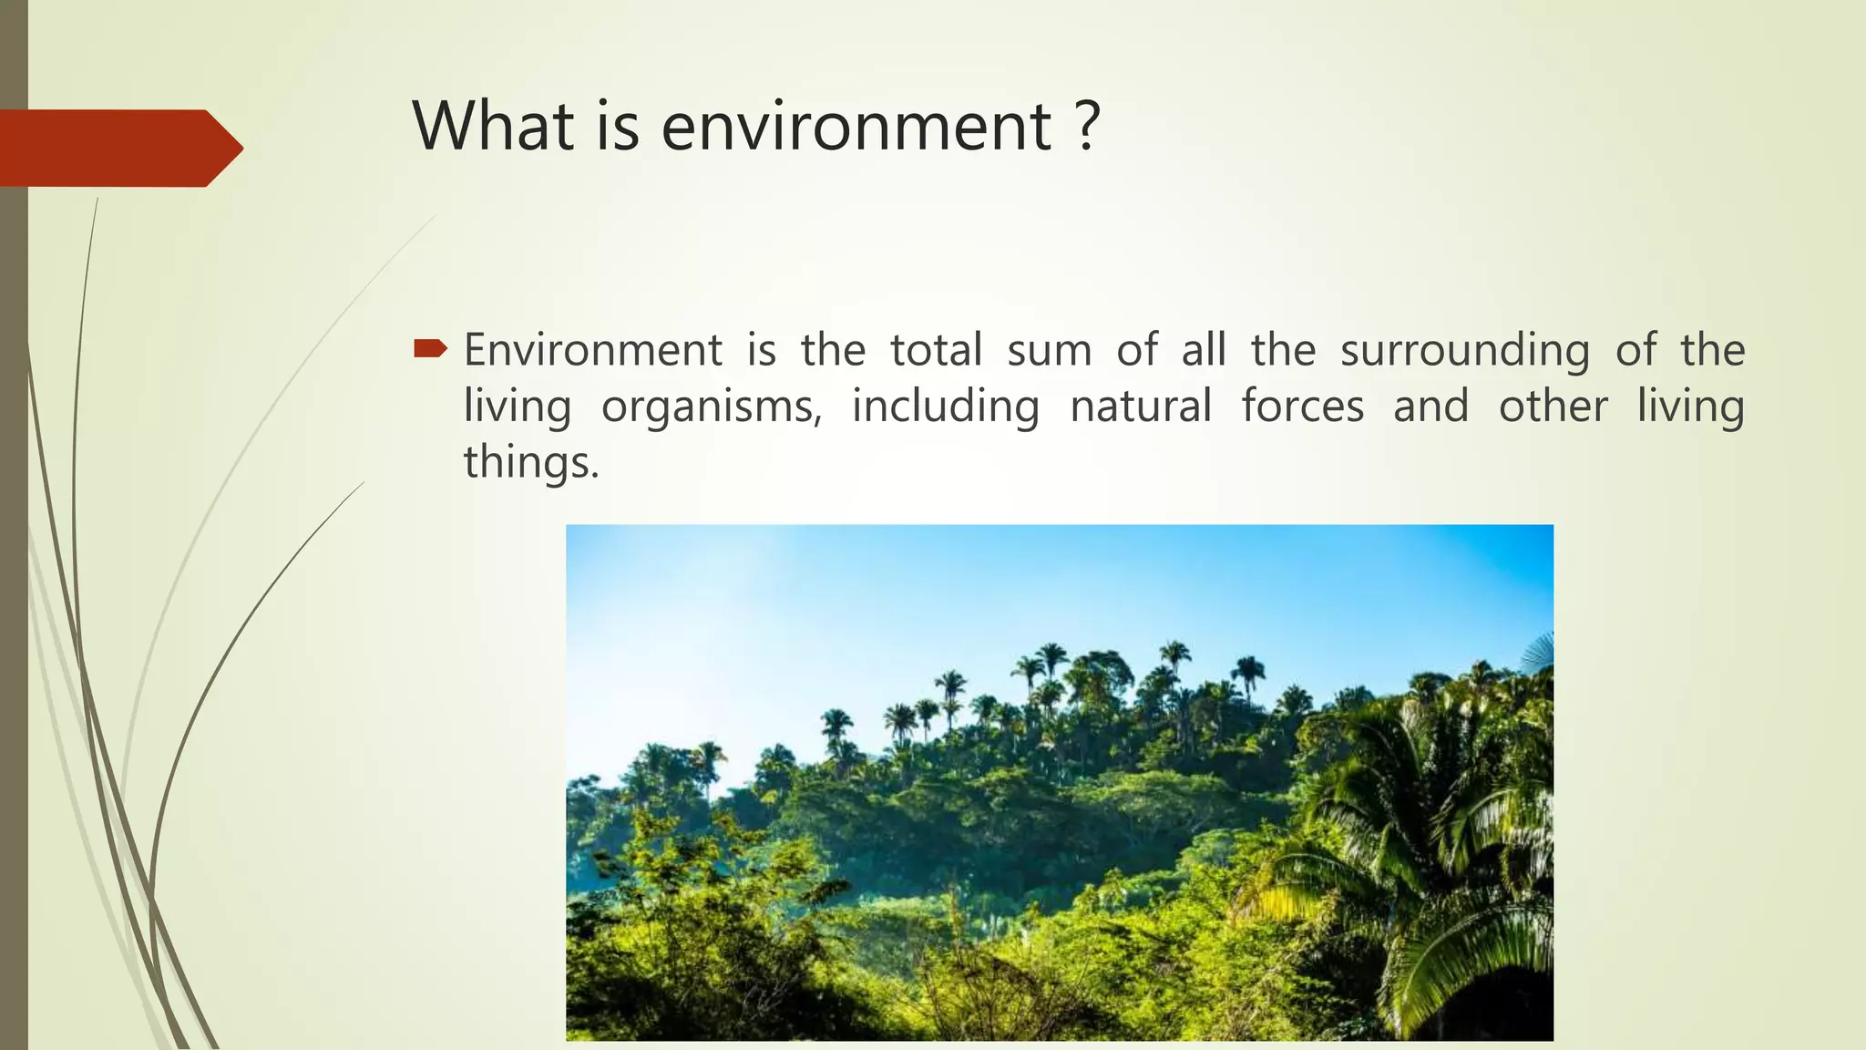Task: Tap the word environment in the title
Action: pyautogui.click(x=856, y=127)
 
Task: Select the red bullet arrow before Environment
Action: pyautogui.click(x=430, y=348)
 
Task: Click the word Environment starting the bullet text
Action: pyautogui.click(x=593, y=350)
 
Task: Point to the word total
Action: pyautogui.click(x=936, y=350)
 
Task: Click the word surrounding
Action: pyautogui.click(x=1464, y=352)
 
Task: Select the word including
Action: pyautogui.click(x=945, y=407)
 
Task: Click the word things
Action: pyautogui.click(x=531, y=462)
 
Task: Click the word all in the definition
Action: pyautogui.click(x=1203, y=350)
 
